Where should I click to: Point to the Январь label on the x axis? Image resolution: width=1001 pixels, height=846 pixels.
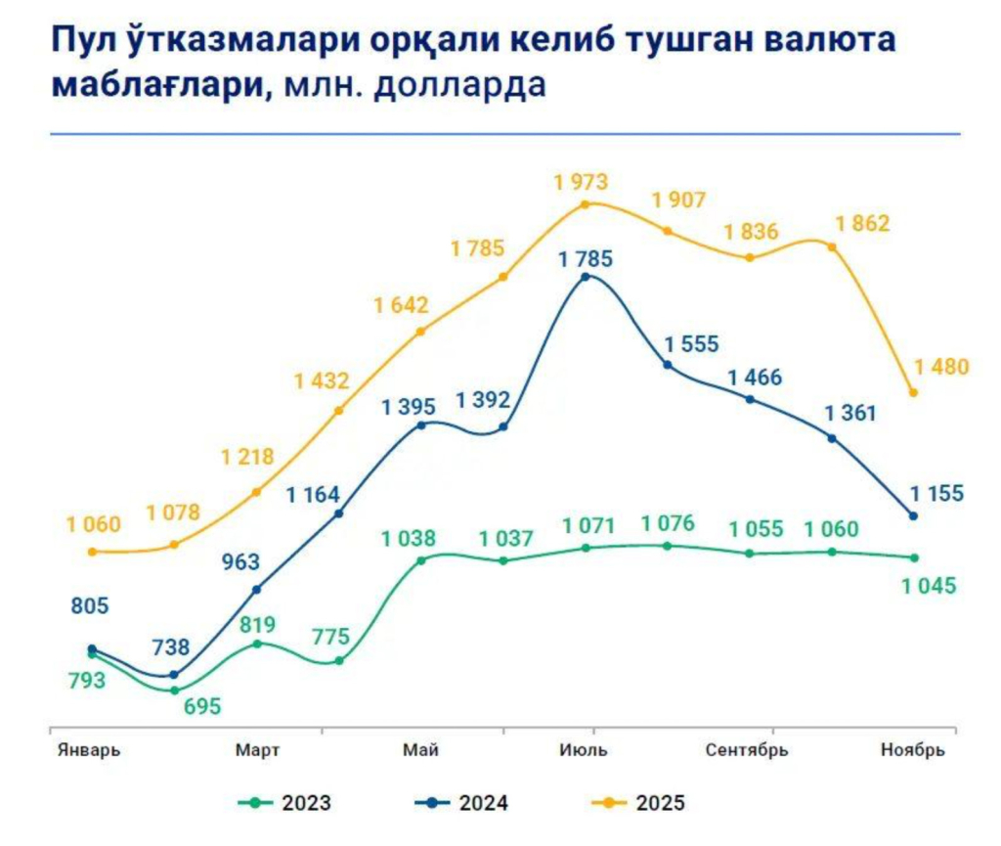click(x=87, y=751)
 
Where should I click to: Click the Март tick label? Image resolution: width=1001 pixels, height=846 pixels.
click(x=258, y=751)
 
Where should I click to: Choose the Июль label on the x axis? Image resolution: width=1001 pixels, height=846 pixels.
click(x=585, y=751)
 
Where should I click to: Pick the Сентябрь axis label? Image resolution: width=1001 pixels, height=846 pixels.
click(x=748, y=751)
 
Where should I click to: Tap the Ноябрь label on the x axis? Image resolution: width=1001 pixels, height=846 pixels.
click(x=913, y=751)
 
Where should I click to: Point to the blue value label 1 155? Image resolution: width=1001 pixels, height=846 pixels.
click(x=936, y=493)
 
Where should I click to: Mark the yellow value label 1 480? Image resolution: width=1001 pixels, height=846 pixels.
click(x=941, y=368)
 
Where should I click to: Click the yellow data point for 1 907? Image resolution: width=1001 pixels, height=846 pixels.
click(x=668, y=231)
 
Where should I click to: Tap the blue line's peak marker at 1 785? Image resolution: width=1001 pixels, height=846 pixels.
click(x=586, y=277)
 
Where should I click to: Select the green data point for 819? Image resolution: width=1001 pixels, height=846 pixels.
click(x=257, y=644)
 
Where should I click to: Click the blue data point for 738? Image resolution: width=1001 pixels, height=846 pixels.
click(x=174, y=675)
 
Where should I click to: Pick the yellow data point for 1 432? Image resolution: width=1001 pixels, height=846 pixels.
click(x=339, y=411)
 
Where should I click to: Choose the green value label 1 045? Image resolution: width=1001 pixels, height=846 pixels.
click(x=929, y=586)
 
